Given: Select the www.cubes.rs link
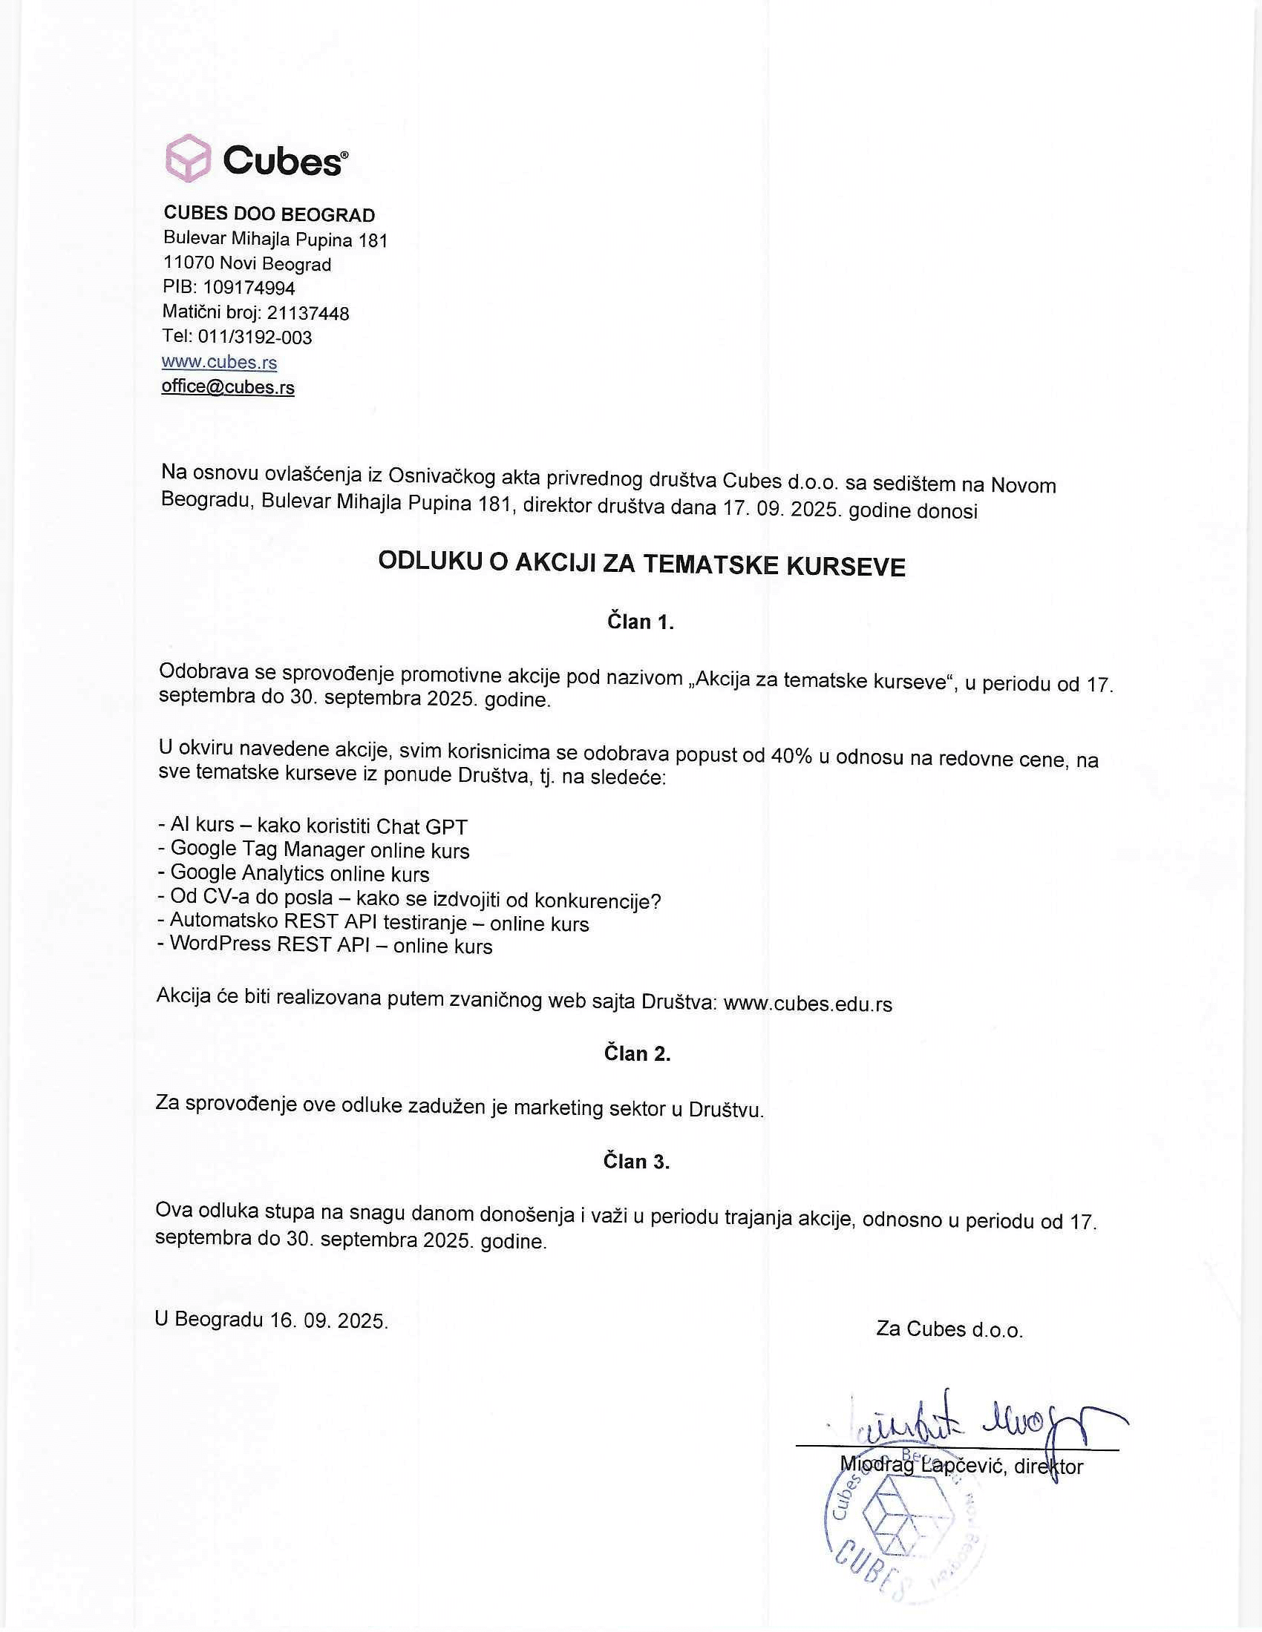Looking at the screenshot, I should click(x=219, y=363).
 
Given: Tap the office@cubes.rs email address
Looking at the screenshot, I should click(x=228, y=387).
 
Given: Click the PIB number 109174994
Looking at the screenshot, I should click(x=249, y=288).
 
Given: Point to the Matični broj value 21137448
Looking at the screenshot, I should click(x=308, y=313).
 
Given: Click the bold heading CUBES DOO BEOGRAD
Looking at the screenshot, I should click(x=269, y=214).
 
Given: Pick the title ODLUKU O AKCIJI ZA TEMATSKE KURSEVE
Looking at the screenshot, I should click(x=641, y=565).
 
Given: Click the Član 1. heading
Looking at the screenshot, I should click(x=640, y=622).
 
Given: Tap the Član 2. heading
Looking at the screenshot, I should click(x=637, y=1053).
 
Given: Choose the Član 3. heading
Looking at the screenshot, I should click(x=636, y=1161).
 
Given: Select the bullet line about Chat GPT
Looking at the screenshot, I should click(x=313, y=826).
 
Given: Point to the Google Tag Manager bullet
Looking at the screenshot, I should click(x=313, y=849).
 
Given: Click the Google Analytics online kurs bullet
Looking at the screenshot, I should click(x=293, y=873).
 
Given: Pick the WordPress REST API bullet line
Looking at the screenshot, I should click(x=324, y=945).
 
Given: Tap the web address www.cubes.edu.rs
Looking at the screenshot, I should click(x=808, y=1004).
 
